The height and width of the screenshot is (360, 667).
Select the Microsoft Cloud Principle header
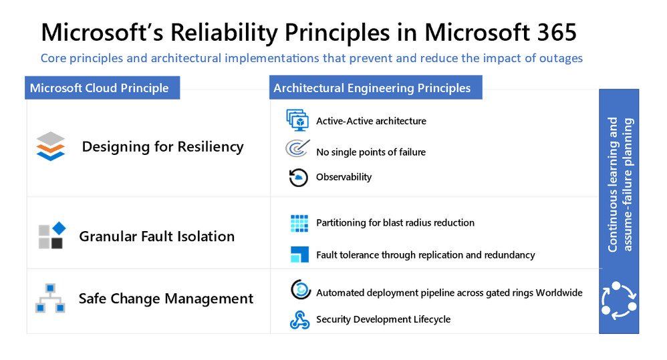click(x=100, y=88)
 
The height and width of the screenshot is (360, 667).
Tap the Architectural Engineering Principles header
click(x=372, y=88)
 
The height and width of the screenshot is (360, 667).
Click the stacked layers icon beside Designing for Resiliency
click(x=51, y=146)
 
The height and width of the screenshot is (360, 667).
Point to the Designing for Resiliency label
click(x=162, y=147)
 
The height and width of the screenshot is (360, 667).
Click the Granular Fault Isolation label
click(x=156, y=236)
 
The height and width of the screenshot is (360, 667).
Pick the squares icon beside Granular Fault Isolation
click(x=51, y=236)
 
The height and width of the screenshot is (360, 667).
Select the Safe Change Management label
click(x=166, y=299)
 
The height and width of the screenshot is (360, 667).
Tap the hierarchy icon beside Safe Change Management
click(x=50, y=299)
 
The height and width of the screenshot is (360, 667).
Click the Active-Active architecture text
click(x=371, y=121)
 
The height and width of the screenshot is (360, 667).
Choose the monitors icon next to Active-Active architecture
click(x=297, y=120)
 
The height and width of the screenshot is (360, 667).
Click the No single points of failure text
click(x=370, y=152)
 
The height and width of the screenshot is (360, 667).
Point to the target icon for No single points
click(x=297, y=148)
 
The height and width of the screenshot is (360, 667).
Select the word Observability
click(x=344, y=177)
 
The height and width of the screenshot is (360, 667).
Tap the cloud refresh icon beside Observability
click(x=298, y=177)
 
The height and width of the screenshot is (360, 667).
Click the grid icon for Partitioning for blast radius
click(x=299, y=223)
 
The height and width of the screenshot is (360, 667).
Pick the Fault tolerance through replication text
click(x=425, y=254)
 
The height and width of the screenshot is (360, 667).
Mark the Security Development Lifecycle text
click(x=383, y=319)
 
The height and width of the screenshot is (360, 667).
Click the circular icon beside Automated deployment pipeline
click(x=301, y=290)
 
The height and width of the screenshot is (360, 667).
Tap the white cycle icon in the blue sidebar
click(x=619, y=299)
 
